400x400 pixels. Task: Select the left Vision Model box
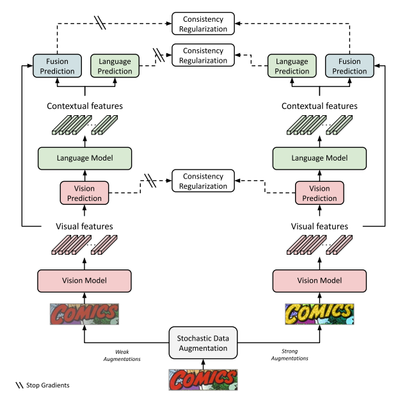click(84, 280)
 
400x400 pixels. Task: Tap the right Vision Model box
click(319, 280)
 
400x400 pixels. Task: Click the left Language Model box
click(84, 157)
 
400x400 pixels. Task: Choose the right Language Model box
click(319, 157)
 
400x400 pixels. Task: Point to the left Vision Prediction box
click(84, 193)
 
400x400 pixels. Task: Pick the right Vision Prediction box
click(319, 193)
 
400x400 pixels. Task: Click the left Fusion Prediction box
click(58, 67)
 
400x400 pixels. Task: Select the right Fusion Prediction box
click(349, 67)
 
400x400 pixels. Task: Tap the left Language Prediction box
click(115, 67)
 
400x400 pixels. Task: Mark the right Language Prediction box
click(292, 67)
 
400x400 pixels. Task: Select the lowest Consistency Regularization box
click(204, 181)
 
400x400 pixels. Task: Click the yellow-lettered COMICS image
click(319, 314)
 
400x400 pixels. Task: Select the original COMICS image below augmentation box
click(202, 379)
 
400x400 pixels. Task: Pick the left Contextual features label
click(84, 106)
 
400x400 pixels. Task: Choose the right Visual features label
click(319, 226)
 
